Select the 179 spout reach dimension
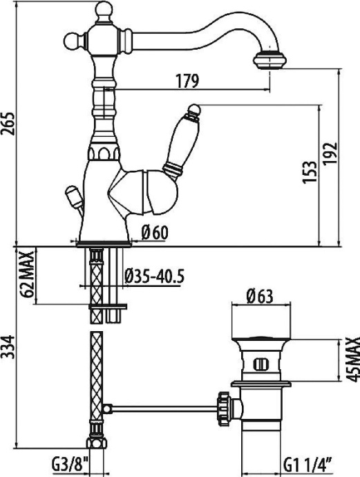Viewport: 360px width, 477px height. pyautogui.click(x=186, y=81)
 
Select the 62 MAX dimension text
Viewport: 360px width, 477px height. pyautogui.click(x=28, y=274)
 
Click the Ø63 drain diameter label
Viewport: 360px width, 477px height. pyautogui.click(x=260, y=298)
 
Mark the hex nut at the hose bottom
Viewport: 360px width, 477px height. pyautogui.click(x=96, y=442)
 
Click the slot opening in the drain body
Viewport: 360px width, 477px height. pyautogui.click(x=261, y=364)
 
